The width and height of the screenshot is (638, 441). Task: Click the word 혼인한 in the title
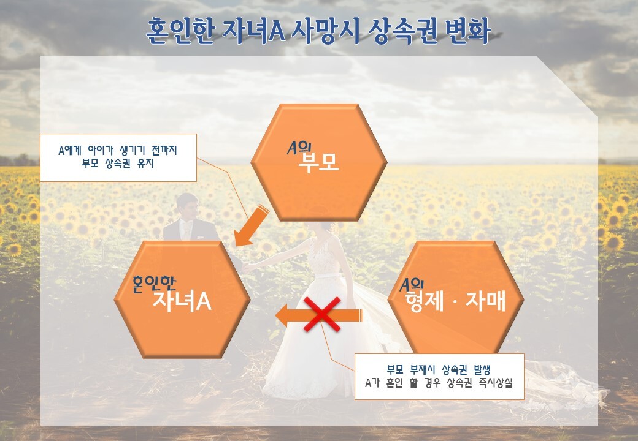click(x=180, y=31)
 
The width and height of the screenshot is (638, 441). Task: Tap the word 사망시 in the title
click(x=326, y=31)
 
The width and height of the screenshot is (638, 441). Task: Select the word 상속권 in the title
click(x=402, y=31)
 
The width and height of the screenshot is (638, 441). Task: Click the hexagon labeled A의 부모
click(x=318, y=162)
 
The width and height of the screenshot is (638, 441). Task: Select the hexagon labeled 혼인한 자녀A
click(x=182, y=300)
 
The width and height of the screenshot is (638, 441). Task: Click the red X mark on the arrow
click(x=322, y=314)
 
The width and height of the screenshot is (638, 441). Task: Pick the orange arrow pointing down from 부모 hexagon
click(x=251, y=227)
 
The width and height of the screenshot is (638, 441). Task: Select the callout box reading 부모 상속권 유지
click(x=118, y=157)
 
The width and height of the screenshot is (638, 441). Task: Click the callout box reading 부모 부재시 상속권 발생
click(x=439, y=377)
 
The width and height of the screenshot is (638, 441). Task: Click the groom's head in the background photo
click(x=188, y=206)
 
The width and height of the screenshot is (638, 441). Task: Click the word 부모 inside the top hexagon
click(x=318, y=164)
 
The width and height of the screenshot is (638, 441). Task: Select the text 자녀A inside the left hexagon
click(x=182, y=301)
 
